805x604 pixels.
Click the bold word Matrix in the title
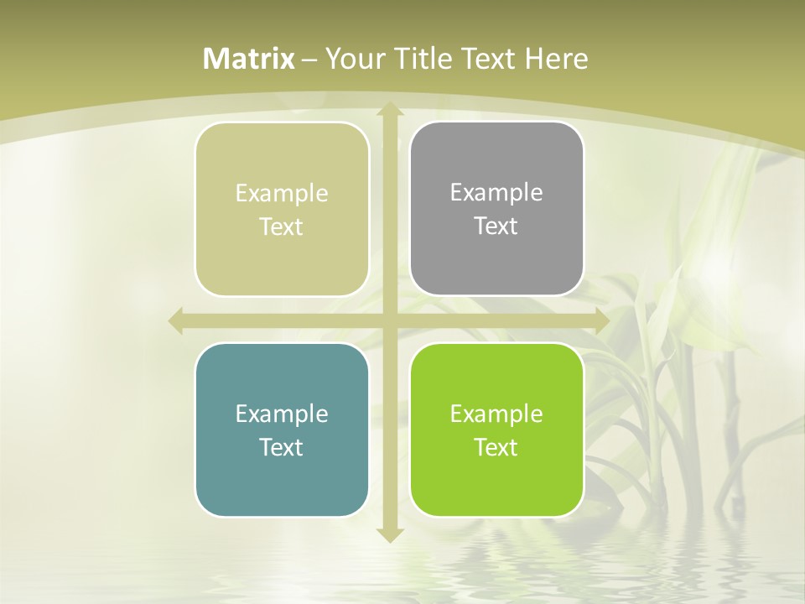point(249,59)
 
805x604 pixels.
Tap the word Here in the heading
point(557,59)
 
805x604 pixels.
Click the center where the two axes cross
point(389,320)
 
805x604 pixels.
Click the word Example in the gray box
point(496,192)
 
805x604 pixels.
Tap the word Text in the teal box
point(282,447)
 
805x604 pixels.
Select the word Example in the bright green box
point(496,414)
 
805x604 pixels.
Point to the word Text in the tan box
point(282,226)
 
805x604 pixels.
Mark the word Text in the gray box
point(496,226)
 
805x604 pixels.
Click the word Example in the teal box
point(282,414)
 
